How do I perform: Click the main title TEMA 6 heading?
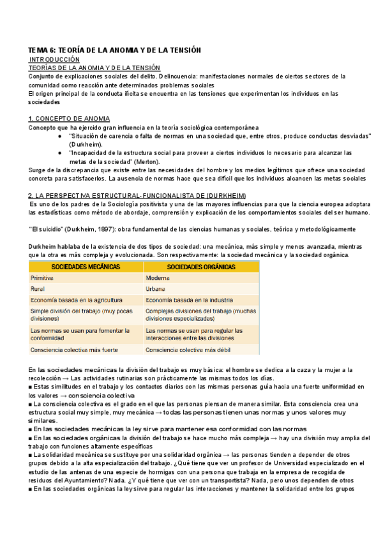coord(115,50)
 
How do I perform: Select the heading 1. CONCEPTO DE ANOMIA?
coord(70,119)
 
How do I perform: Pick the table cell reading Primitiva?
coord(43,278)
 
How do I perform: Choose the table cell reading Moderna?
coord(158,278)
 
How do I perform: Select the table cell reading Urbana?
coord(156,289)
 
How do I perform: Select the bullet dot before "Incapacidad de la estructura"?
coord(59,153)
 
